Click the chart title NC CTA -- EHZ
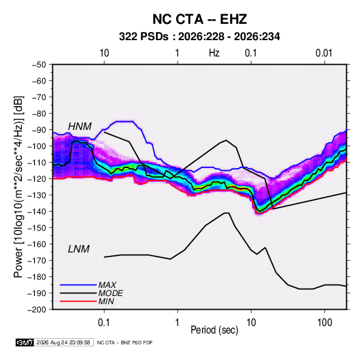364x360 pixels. pos(199,19)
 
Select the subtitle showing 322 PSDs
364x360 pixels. pos(199,37)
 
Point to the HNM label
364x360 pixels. pos(80,127)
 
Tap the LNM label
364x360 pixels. pos(79,249)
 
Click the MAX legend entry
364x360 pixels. pos(107,284)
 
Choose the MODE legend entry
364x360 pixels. pos(110,293)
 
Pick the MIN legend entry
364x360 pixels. pos(106,301)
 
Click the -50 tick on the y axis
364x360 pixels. pos(39,65)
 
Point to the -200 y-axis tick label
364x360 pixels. pos(37,310)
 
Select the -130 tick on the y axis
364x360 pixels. pos(37,195)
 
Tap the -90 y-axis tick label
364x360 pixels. pos(39,130)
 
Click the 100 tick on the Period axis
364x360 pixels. pos(325,323)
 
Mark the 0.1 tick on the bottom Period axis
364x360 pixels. pos(104,323)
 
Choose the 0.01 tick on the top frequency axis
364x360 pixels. pos(324,53)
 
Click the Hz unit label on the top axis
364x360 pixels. pos(214,53)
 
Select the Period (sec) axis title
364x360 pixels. pos(214,330)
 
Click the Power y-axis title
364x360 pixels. pos(18,187)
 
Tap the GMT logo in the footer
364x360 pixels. pos(25,342)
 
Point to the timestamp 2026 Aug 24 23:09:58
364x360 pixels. pos(63,342)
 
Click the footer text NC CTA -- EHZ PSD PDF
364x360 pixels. pos(125,342)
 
